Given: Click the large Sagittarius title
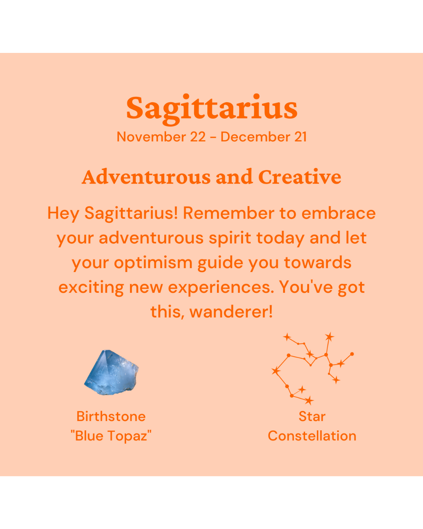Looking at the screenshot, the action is [x=211, y=109].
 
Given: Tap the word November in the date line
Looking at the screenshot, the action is [x=151, y=137].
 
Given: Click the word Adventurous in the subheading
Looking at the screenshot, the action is [x=146, y=177].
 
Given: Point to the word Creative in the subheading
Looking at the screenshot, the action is [x=300, y=177].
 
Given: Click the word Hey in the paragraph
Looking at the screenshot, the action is [x=63, y=214].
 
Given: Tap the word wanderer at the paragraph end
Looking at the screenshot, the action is [x=231, y=312].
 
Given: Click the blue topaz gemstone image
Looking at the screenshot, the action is [x=111, y=372].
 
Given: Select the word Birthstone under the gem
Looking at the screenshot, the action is [x=111, y=417].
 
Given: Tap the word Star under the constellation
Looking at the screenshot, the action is [x=312, y=417].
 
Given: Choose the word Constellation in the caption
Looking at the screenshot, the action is [x=312, y=436].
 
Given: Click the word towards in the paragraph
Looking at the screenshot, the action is [x=318, y=263].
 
